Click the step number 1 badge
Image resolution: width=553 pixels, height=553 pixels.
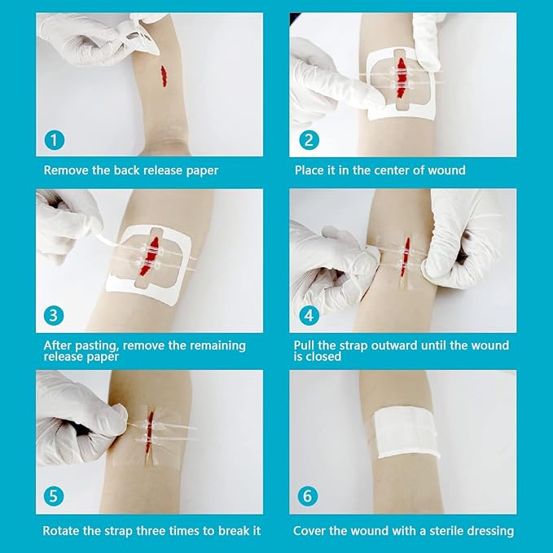tap(54, 139)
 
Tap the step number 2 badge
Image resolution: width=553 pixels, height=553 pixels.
tap(307, 139)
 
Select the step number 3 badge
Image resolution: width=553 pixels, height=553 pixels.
tap(54, 316)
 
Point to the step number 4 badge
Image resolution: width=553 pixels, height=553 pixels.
tap(307, 316)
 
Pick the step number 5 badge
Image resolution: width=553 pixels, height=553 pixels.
tap(54, 497)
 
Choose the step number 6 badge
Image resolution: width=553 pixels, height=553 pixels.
tap(307, 497)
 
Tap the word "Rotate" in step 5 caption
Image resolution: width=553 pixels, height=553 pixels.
tap(64, 531)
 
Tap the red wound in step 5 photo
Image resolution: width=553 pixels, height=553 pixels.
tap(150, 430)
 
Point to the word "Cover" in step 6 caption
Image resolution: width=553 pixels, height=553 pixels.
tap(311, 531)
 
